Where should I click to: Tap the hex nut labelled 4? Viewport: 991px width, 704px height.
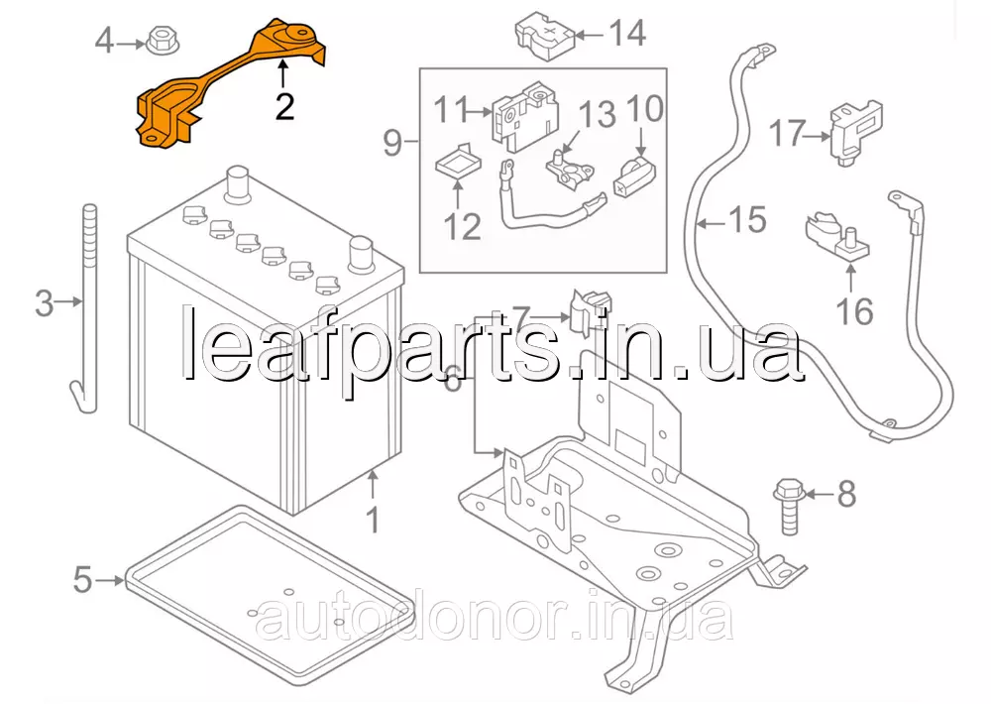(x=160, y=43)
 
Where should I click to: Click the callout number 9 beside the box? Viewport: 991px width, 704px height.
(x=392, y=144)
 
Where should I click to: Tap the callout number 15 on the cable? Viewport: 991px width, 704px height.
(x=748, y=220)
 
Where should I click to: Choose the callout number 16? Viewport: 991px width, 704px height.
(x=854, y=311)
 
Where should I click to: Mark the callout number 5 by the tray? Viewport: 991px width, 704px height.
(x=82, y=578)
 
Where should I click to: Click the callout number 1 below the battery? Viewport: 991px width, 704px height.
(x=373, y=518)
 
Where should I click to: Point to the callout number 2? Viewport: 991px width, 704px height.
(x=284, y=105)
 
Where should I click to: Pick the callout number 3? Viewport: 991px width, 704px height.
(x=44, y=303)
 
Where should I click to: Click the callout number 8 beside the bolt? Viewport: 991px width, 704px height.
(x=845, y=493)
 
